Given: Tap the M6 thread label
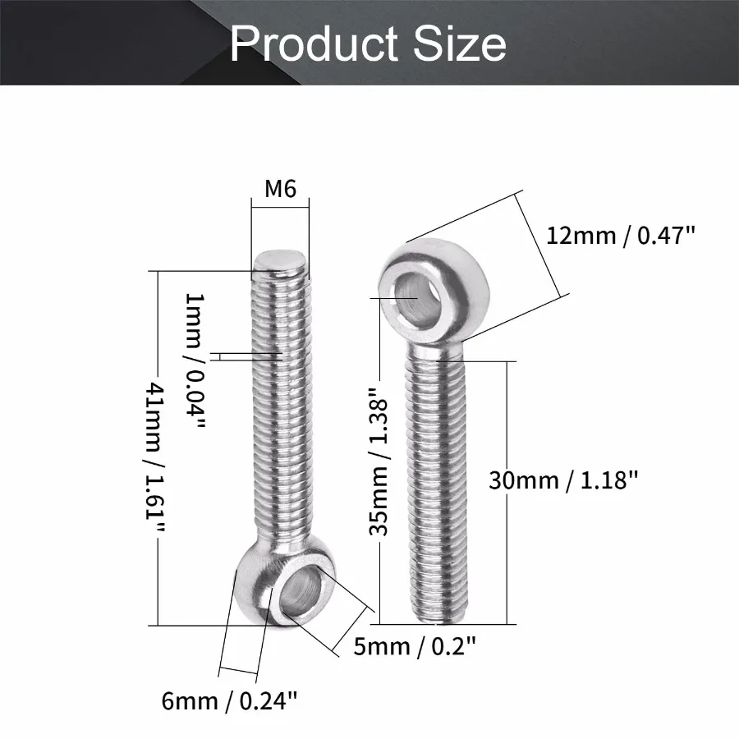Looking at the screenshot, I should coord(280,189).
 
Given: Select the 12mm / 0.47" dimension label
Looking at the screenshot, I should coord(621,236).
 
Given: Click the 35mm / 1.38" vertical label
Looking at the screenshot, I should coord(379,461).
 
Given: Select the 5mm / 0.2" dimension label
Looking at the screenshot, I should coord(415,646).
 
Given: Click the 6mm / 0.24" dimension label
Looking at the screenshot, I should coord(229,701).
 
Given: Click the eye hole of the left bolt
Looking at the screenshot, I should coord(301,593).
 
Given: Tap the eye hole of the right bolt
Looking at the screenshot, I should coord(415,299).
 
